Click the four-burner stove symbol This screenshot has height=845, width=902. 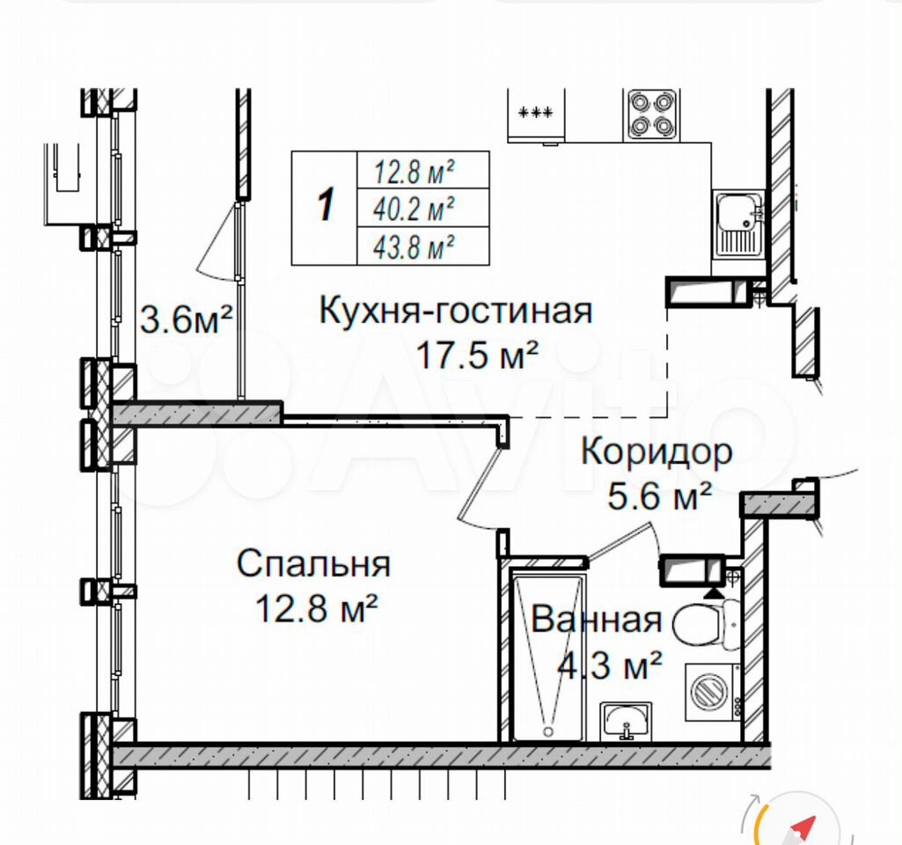tap(651, 114)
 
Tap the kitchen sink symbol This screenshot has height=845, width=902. tap(738, 224)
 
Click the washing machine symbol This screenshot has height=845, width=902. tap(712, 693)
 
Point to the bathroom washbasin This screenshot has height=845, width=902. tap(626, 721)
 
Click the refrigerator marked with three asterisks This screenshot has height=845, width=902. tap(536, 115)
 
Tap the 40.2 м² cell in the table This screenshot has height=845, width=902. tap(423, 209)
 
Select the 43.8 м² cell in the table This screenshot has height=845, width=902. tap(423, 246)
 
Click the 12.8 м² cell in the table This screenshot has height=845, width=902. tap(423, 170)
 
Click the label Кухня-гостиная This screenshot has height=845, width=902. tap(456, 311)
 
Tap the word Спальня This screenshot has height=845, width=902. tap(313, 563)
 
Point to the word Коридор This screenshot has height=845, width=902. tap(656, 452)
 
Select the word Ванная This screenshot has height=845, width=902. tap(596, 620)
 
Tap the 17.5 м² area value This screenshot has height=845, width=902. tap(477, 355)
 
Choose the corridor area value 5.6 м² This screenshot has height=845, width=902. tap(660, 496)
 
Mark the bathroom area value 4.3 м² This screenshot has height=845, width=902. tap(610, 665)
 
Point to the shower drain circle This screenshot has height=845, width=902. tap(548, 731)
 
